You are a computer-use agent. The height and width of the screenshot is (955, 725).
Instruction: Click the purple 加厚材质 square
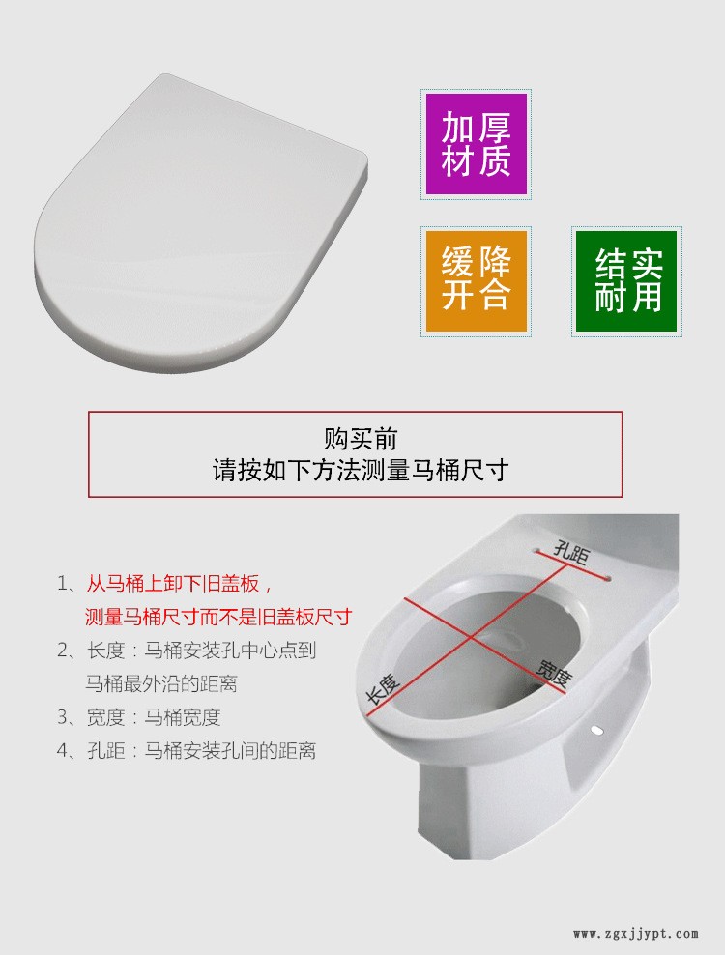[476, 145]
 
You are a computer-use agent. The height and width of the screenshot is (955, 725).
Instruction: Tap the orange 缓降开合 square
[476, 280]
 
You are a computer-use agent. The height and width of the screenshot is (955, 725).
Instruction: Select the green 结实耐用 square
[627, 280]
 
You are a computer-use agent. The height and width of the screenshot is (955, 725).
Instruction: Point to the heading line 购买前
[361, 439]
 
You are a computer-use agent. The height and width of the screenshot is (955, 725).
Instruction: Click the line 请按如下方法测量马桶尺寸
[361, 471]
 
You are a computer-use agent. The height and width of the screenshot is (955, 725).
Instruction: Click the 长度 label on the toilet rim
[383, 689]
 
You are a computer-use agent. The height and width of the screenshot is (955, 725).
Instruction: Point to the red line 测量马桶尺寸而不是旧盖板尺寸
[218, 617]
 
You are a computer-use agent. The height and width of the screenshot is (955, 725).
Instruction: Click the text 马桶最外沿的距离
[161, 683]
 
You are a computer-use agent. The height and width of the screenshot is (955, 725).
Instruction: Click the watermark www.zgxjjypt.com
[635, 934]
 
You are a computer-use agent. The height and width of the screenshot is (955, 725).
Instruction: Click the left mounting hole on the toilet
[536, 549]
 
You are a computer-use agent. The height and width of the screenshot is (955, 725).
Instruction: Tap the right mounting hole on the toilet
[607, 579]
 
